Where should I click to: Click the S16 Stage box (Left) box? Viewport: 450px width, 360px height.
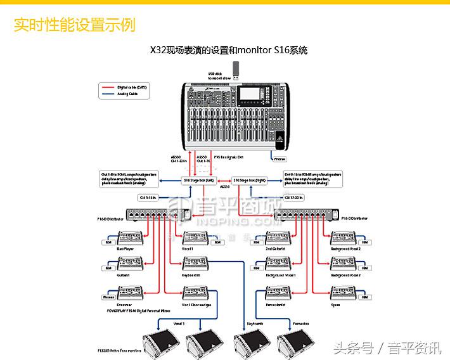click(x=196, y=180)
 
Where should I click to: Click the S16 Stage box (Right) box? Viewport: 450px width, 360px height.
click(x=249, y=180)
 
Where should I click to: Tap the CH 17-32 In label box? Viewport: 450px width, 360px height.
click(x=293, y=197)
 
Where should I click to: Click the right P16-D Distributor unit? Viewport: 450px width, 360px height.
click(x=308, y=217)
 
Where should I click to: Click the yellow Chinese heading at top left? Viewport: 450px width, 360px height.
click(x=74, y=25)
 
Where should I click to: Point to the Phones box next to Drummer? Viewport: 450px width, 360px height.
click(x=108, y=297)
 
